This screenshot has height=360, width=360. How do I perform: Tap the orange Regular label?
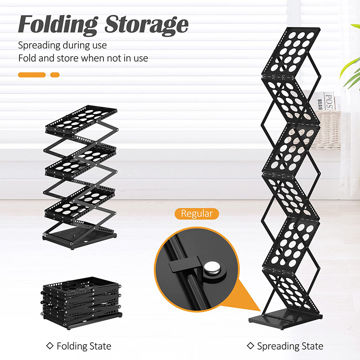197,213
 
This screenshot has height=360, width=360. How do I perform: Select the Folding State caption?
84,346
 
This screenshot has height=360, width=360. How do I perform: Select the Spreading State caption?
290,346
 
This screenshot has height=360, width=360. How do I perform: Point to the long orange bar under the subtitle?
32,75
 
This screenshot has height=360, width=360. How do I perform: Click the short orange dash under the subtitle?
55,75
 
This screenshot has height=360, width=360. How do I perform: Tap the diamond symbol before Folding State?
49,346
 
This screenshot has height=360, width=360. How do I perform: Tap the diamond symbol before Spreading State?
250,346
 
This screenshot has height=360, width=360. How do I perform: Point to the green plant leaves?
351,67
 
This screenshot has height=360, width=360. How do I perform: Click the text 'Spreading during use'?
62,45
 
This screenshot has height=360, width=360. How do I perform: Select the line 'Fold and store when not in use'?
83,58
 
